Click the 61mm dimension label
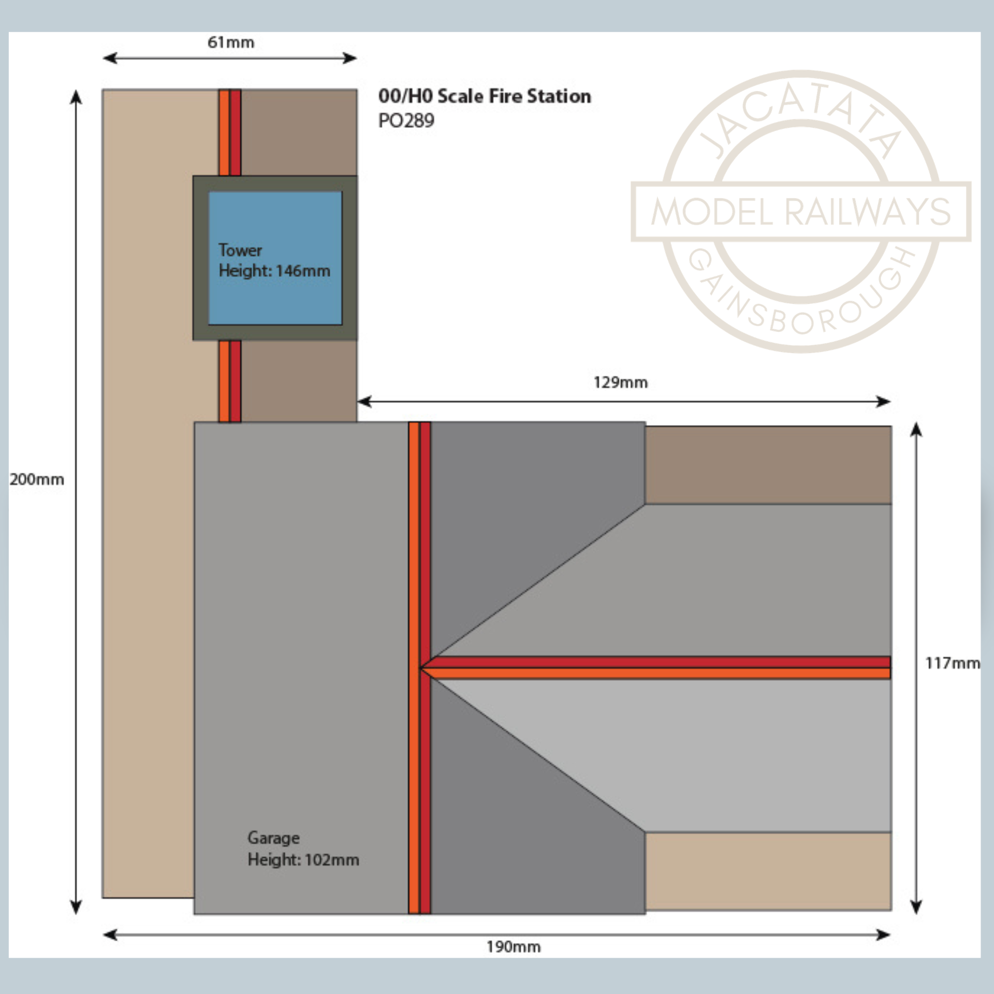click(231, 42)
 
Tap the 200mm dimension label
click(37, 479)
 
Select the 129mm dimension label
click(620, 383)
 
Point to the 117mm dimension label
click(953, 663)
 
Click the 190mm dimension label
click(514, 947)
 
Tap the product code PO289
click(406, 121)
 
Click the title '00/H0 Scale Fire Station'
click(485, 96)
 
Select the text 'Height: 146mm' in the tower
click(274, 271)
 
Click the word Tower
click(240, 250)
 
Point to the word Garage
click(273, 838)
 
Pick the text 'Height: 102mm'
click(303, 860)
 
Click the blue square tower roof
click(275, 258)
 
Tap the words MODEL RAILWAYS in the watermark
click(801, 212)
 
